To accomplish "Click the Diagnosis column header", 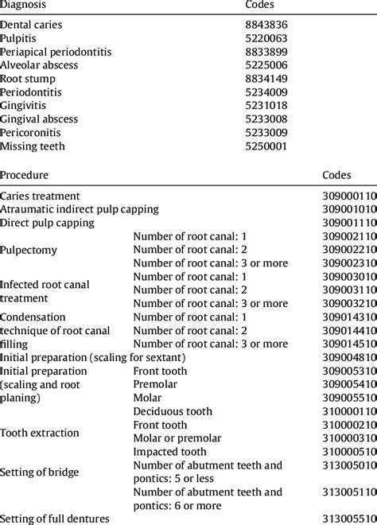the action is coord(23,5).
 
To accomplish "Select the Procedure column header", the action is coord(24,175).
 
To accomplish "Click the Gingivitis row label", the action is coord(23,106).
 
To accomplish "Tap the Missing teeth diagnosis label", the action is coord(33,146).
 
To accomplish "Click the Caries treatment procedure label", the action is coord(40,196).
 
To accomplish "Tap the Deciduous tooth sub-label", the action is coord(173,411).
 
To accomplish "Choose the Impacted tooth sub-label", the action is coord(169,452).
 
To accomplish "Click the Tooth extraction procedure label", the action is coord(40,433).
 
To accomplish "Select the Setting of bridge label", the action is coord(40,472).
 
